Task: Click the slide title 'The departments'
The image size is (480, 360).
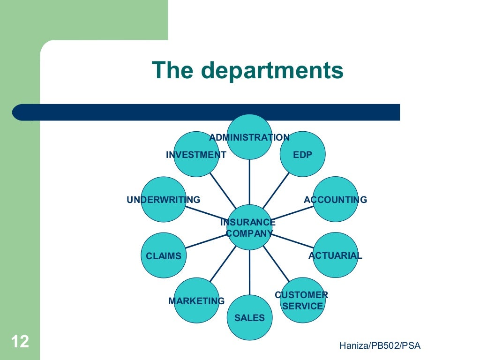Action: [247, 71]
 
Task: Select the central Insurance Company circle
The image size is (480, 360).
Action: [249, 227]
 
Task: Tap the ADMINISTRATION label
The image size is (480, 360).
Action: [249, 137]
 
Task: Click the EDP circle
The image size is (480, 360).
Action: [302, 155]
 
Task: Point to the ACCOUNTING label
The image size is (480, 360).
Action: [336, 200]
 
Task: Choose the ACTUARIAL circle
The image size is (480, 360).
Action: [335, 255]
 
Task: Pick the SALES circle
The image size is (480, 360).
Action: [249, 318]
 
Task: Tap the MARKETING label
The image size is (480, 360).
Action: [196, 301]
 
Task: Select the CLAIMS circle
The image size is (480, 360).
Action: [163, 256]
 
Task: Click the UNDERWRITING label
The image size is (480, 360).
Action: [163, 200]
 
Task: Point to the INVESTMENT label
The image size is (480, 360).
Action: [196, 155]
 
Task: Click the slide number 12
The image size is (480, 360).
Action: [19, 341]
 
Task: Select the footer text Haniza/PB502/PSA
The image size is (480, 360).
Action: [380, 346]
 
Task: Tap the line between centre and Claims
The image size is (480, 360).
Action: [206, 242]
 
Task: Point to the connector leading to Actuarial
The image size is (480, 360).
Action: [292, 241]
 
